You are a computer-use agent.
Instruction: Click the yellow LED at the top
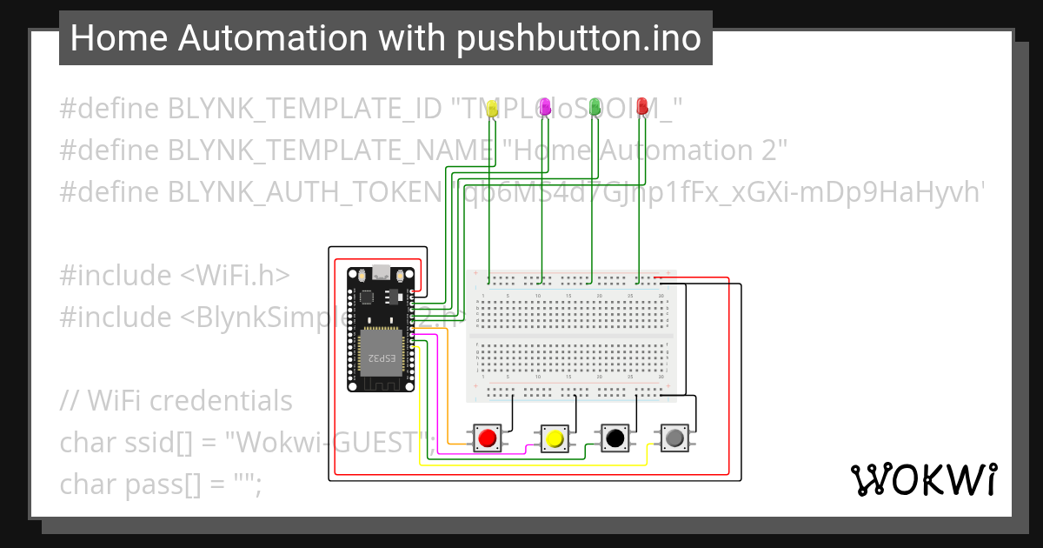(x=491, y=108)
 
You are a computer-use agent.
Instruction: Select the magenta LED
(x=545, y=106)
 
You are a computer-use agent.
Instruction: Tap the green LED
(x=595, y=106)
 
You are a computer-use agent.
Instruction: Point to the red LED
(x=642, y=106)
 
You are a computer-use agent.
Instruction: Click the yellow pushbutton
(x=554, y=438)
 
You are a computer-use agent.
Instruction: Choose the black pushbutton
(x=615, y=438)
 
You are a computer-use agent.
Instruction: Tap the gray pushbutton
(x=674, y=438)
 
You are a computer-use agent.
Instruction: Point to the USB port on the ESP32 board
(x=380, y=271)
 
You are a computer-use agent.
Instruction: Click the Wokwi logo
(x=923, y=479)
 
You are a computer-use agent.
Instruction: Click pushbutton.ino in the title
(x=579, y=38)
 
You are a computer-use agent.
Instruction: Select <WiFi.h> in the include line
(x=235, y=275)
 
